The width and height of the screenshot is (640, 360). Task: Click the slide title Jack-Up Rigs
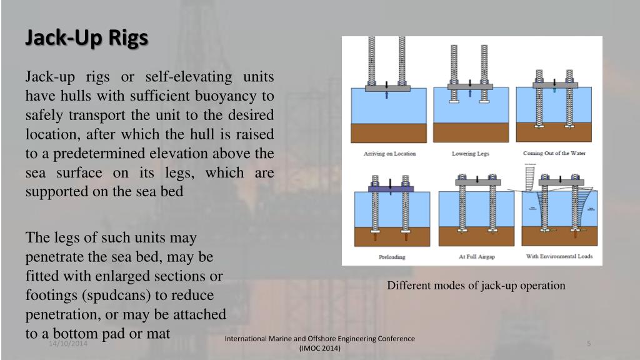(86, 38)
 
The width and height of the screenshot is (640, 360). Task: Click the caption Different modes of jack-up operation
(476, 286)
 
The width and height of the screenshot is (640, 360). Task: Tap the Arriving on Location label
(389, 154)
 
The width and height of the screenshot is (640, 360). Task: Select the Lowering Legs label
(470, 154)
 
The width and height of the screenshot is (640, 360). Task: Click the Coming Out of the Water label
(554, 154)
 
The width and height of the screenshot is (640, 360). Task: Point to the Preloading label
(392, 257)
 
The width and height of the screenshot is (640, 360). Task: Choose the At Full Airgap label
(473, 257)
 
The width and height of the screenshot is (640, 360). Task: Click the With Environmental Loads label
(559, 257)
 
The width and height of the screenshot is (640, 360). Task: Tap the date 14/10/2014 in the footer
(69, 344)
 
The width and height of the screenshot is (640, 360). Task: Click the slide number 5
(589, 344)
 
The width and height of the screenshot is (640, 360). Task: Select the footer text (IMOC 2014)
(320, 348)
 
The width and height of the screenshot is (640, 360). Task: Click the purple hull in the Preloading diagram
(391, 188)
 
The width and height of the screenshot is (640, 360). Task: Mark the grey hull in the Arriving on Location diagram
(388, 89)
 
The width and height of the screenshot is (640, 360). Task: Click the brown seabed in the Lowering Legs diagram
(470, 132)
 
